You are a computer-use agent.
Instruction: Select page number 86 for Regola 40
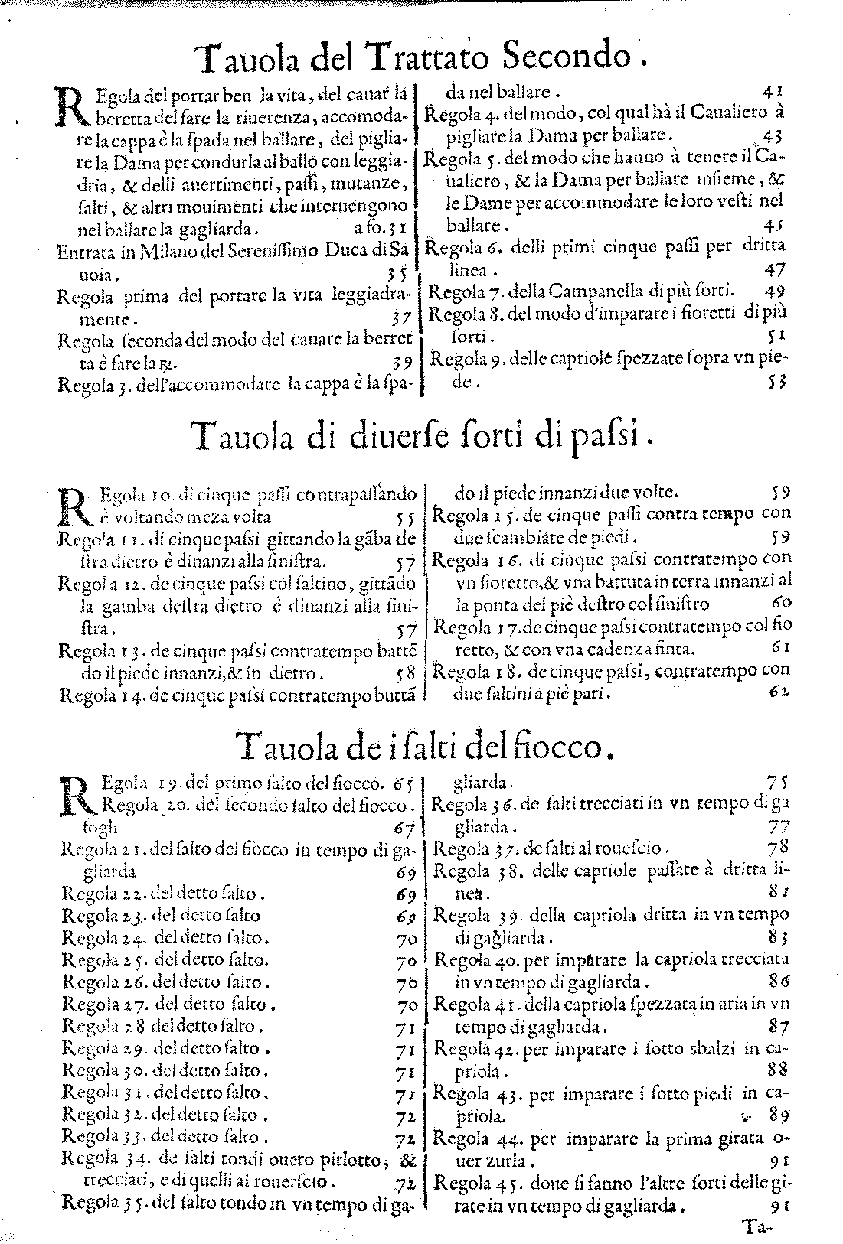[x=780, y=981]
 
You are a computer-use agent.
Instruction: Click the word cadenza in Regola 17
[x=631, y=650]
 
